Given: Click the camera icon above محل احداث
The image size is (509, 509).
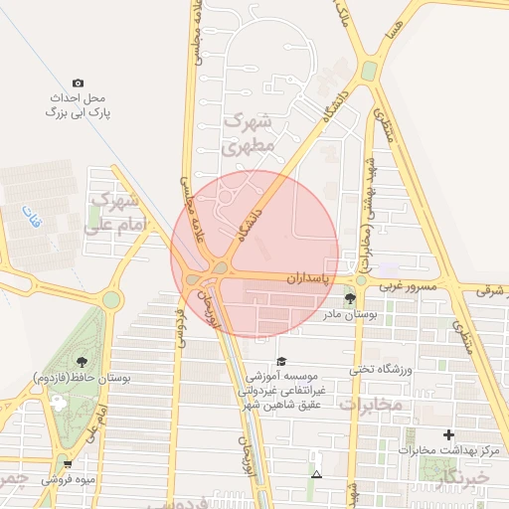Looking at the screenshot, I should click(x=79, y=84).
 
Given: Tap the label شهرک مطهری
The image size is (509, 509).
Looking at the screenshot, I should click(x=248, y=133).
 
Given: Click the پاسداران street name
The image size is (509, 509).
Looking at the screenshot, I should click(x=307, y=279).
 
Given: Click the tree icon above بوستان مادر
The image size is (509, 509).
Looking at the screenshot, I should click(x=349, y=298).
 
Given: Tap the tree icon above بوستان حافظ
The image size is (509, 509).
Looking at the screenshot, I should click(x=80, y=362).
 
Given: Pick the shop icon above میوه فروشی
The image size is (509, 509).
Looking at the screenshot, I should click(x=67, y=463).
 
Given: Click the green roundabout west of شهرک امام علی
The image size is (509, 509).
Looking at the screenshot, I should click(x=110, y=298).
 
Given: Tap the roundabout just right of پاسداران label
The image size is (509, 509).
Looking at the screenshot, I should click(x=361, y=280).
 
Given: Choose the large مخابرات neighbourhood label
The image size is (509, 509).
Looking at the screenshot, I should click(x=371, y=406).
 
